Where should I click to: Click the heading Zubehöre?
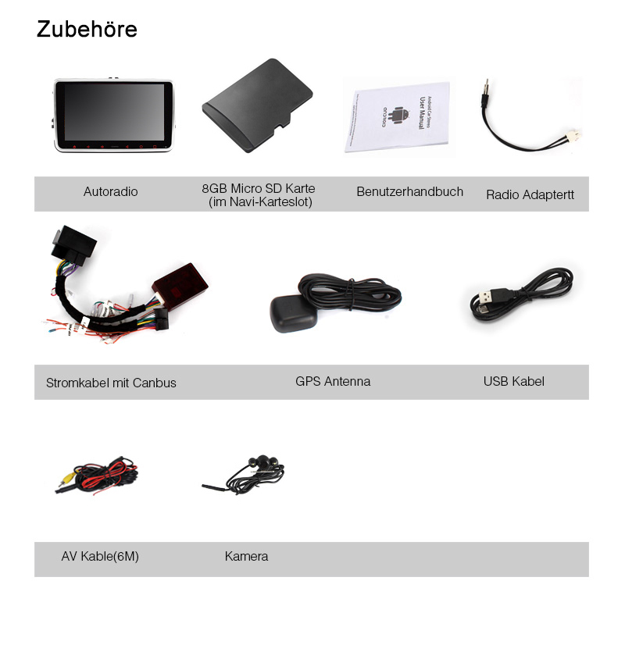87,29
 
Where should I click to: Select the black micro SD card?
258,105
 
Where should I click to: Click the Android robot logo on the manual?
398,116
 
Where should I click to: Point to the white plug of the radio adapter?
573,134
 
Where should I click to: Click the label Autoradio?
110,191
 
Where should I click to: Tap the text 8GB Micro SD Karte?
259,188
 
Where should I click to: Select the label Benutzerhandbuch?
410,191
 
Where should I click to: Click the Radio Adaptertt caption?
530,194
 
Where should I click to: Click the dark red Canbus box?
180,284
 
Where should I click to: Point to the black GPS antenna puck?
294,313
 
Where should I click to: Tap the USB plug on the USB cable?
493,295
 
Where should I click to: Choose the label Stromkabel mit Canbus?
111,383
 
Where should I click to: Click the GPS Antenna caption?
333,381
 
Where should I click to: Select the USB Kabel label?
514,381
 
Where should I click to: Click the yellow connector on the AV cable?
65,479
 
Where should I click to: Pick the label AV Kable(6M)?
100,556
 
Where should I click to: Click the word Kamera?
246,556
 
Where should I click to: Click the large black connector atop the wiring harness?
74,244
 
